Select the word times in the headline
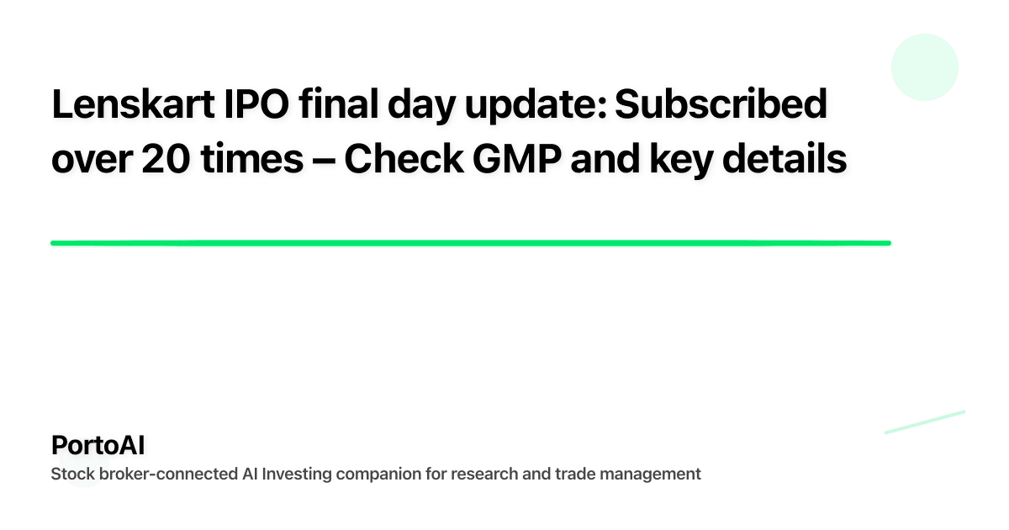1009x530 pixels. click(248, 159)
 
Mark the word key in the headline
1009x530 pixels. click(688, 159)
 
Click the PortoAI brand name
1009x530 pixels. click(98, 445)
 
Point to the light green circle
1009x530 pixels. click(925, 67)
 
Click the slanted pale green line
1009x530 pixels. click(924, 421)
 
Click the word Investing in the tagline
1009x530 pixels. click(297, 474)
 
